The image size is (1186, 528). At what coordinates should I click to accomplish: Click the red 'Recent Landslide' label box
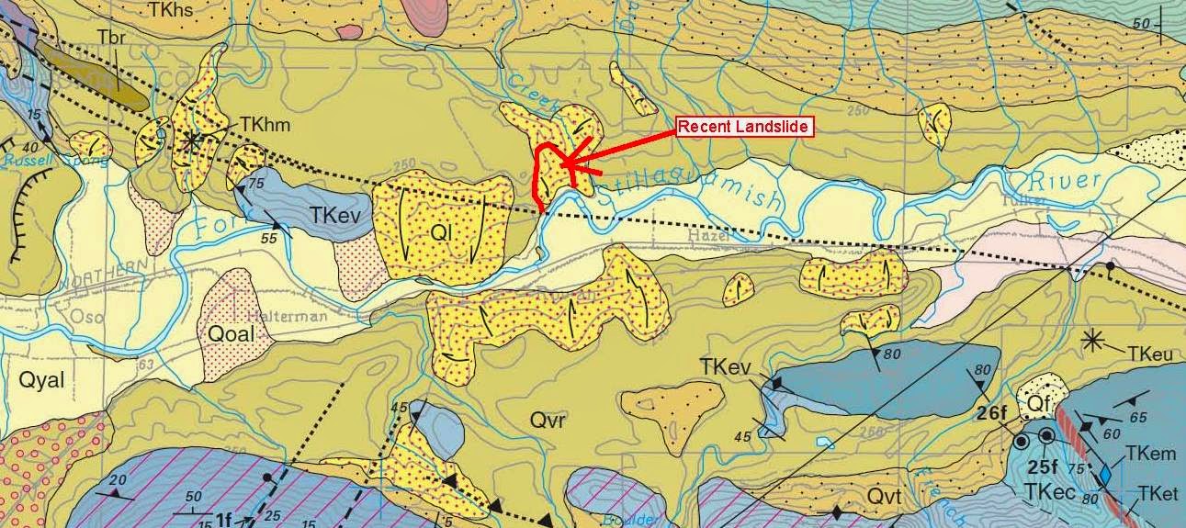click(745, 127)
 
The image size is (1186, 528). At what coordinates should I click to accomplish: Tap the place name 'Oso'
click(20, 317)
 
